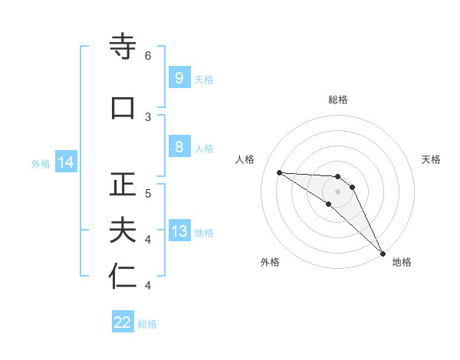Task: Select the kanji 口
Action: tap(123, 107)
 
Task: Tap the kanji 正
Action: tap(123, 185)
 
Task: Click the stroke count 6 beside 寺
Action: tap(148, 56)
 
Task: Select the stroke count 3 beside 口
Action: tap(148, 116)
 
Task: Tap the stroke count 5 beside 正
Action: tap(148, 193)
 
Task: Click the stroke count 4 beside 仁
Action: tap(148, 286)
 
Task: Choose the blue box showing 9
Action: tap(179, 78)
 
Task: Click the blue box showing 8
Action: tap(179, 147)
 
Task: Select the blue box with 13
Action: tap(179, 231)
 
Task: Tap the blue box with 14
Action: tap(65, 162)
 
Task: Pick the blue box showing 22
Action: tap(123, 322)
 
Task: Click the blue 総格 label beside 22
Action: tap(148, 324)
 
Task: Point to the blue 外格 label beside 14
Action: tap(41, 164)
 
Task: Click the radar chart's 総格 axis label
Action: tap(338, 100)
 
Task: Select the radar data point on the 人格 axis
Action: tap(279, 172)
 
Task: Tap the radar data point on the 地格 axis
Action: tap(382, 253)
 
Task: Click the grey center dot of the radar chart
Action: tap(338, 191)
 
